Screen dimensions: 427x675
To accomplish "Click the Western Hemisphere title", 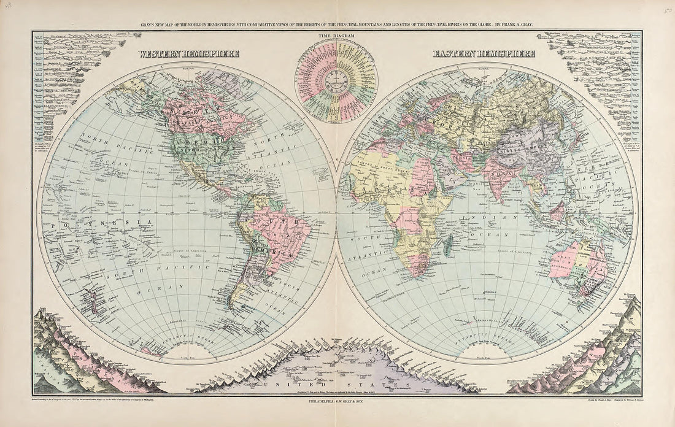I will point(188,54).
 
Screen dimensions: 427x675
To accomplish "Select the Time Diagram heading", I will point(336,39).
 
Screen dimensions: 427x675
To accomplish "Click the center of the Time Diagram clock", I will point(336,79).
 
